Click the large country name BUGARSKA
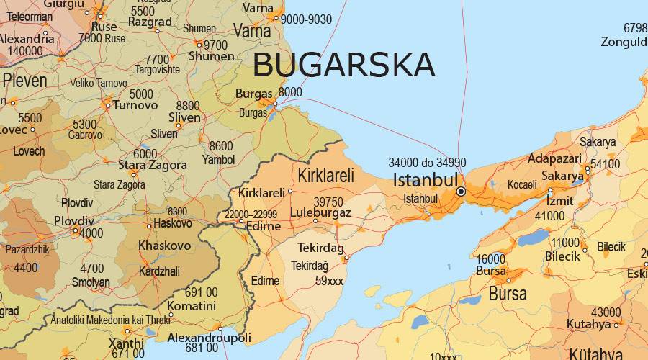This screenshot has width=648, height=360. [x=343, y=65]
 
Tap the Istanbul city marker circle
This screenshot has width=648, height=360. [x=461, y=192]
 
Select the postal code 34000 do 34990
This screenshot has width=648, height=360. [x=427, y=162]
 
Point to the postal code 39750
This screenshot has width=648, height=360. [x=328, y=202]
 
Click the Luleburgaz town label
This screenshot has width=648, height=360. [x=320, y=213]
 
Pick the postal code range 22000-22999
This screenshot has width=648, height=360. [x=250, y=215]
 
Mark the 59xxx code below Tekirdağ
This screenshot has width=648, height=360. [x=329, y=281]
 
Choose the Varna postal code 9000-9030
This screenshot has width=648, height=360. [x=306, y=19]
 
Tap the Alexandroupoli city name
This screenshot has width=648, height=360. [x=209, y=337]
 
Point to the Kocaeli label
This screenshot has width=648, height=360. [x=522, y=185]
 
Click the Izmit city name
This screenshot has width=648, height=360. [x=560, y=199]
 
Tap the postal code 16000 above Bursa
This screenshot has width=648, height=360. [x=490, y=259]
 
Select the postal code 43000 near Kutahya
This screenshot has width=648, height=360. [x=606, y=312]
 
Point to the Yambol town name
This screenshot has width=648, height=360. [x=219, y=159]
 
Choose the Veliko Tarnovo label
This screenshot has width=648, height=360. [x=99, y=84]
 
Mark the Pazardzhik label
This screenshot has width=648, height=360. [x=27, y=249]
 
